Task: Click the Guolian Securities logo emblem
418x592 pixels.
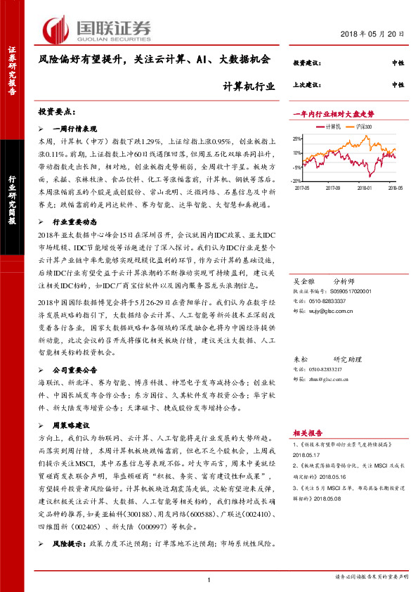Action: pos(56,28)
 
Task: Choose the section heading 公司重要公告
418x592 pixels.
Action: pos(77,368)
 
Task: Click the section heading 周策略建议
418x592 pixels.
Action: pos(73,425)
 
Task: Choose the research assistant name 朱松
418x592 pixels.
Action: pos(300,359)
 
